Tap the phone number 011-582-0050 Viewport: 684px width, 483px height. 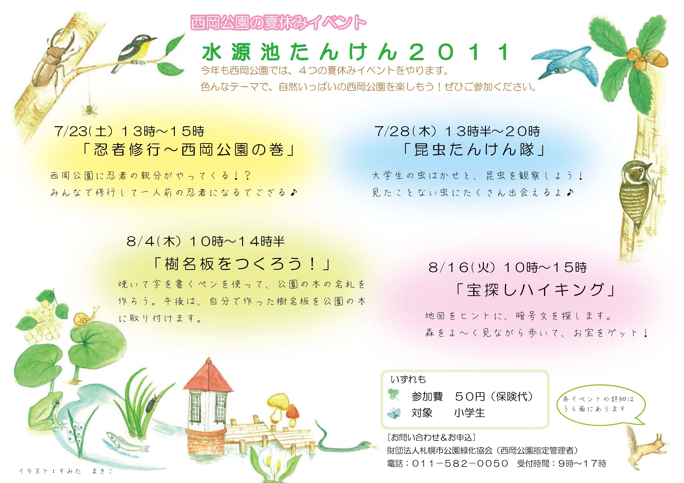460,463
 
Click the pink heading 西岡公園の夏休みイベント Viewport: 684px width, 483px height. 278,22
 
